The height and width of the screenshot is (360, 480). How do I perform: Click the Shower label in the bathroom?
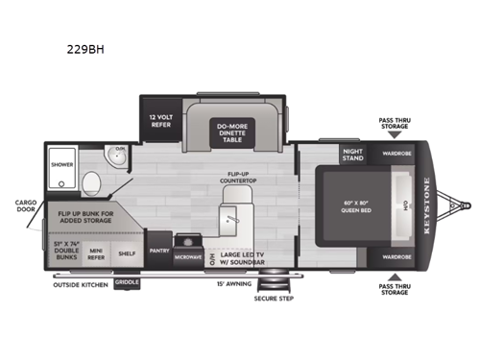click(x=62, y=164)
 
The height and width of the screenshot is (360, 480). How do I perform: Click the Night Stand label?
click(x=353, y=154)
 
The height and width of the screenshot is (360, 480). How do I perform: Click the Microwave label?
click(x=188, y=257)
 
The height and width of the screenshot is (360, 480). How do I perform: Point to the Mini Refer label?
click(x=96, y=252)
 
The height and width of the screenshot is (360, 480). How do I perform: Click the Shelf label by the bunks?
click(x=127, y=252)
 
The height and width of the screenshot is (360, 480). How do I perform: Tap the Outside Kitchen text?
click(x=79, y=283)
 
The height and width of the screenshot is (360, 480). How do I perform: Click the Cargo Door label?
click(x=25, y=206)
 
